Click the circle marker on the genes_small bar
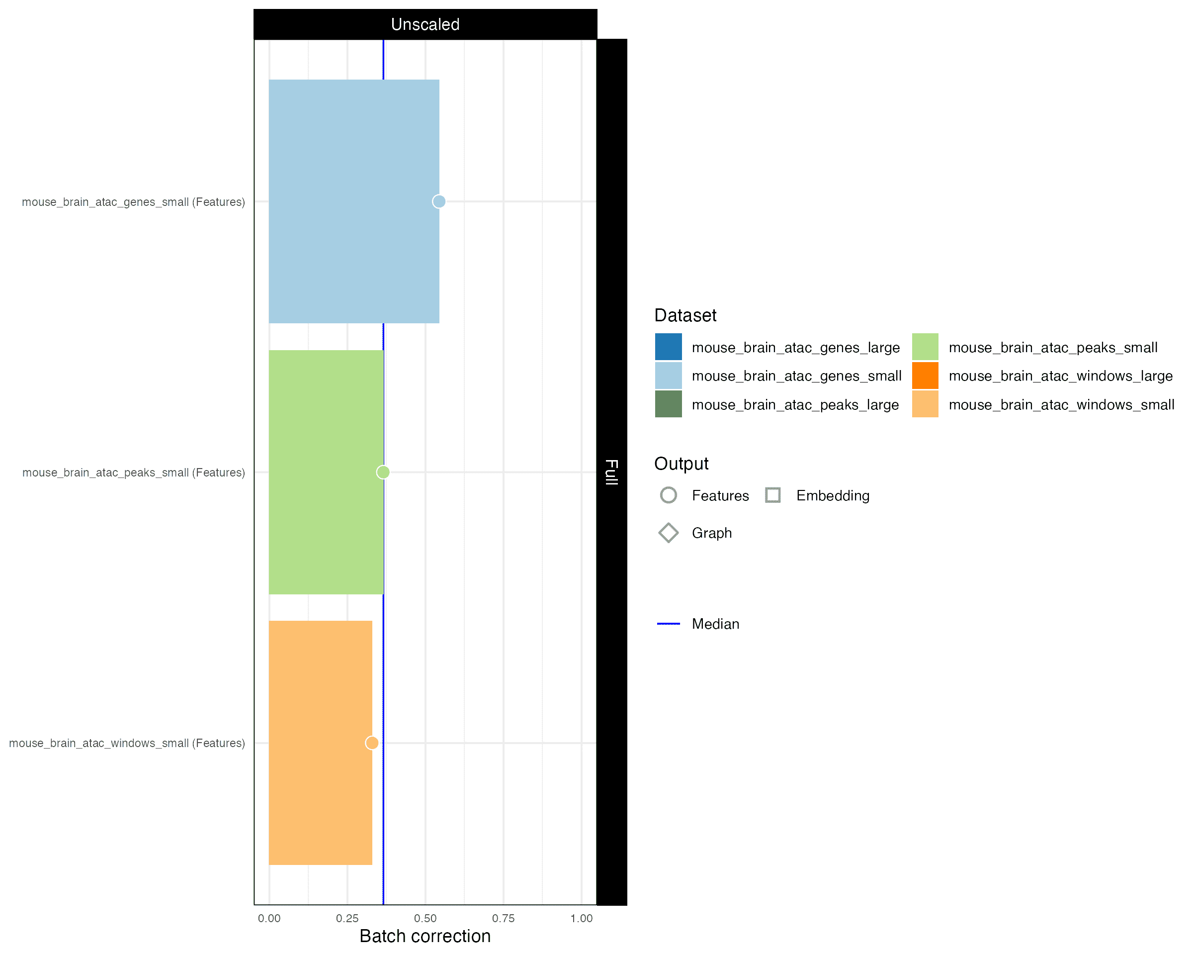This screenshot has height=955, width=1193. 439,201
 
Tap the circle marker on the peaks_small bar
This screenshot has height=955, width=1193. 383,472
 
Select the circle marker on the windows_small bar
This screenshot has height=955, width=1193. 372,743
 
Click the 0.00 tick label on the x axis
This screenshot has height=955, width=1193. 269,919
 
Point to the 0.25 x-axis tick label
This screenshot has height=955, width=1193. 347,919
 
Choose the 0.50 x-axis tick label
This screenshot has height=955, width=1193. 425,919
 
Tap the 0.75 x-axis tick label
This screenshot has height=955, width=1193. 503,919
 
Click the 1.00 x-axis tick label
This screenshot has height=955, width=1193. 581,919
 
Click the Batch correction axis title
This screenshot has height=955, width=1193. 425,936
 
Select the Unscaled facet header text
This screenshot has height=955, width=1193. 425,24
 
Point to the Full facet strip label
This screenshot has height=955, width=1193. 611,472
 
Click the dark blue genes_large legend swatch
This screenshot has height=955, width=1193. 669,347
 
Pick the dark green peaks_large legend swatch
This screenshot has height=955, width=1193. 669,404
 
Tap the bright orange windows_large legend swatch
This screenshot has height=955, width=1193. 925,376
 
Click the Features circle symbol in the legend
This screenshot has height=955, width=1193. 669,495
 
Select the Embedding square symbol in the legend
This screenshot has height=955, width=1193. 772,495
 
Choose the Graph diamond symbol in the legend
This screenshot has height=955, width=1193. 669,533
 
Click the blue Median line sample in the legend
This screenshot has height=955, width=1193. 669,624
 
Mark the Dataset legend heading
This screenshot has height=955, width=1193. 685,315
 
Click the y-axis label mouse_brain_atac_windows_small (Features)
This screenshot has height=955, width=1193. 127,743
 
